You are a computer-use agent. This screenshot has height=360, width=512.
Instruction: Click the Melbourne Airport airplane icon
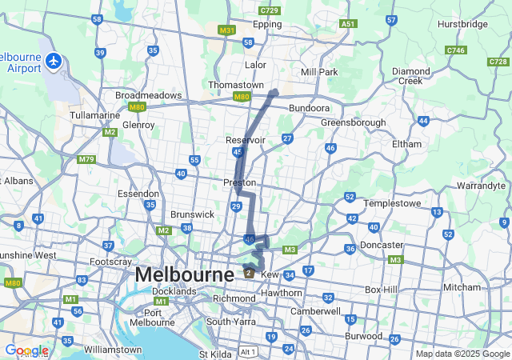click(54, 60)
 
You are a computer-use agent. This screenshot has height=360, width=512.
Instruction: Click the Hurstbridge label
click(462, 24)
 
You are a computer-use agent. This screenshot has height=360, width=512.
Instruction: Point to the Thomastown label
click(235, 85)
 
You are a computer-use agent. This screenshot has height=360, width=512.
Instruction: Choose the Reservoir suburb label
click(246, 140)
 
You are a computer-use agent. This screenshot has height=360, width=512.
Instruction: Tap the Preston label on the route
click(239, 182)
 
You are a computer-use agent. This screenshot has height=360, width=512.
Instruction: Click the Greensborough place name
click(353, 122)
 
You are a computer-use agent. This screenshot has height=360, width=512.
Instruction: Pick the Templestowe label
click(393, 203)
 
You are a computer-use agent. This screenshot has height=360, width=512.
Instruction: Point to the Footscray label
click(111, 262)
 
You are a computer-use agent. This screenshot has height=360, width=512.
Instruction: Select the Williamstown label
click(113, 350)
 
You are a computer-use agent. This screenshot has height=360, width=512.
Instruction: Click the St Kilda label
click(214, 354)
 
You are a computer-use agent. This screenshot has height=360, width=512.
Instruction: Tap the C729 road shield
click(270, 10)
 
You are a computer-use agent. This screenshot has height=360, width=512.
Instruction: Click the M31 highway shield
click(227, 30)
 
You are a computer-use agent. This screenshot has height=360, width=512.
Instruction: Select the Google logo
click(26, 350)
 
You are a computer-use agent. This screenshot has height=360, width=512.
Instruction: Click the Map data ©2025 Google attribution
click(462, 354)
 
